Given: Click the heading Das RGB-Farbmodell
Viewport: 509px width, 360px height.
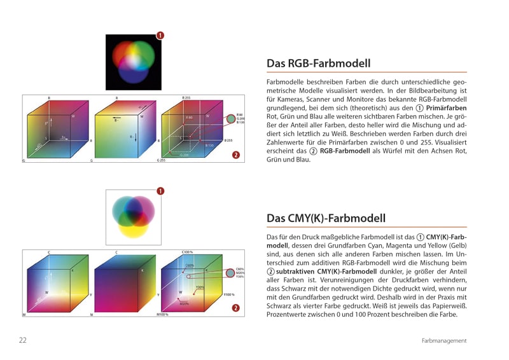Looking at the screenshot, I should point(318,64).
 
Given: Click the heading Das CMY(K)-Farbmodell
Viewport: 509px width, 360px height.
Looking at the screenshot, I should point(326,218).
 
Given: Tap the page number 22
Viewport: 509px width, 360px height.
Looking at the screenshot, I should point(22,340).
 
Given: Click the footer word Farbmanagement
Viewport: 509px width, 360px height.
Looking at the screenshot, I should point(444,341).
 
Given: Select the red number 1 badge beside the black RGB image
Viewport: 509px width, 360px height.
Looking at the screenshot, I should point(160,36).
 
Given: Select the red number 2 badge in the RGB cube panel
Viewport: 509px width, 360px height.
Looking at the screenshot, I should point(236,155).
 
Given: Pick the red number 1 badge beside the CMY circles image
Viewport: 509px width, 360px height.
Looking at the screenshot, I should point(160,190).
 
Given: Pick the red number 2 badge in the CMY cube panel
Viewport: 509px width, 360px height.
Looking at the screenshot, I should point(236,308).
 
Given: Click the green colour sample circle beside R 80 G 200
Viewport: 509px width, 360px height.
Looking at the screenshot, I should point(231,118).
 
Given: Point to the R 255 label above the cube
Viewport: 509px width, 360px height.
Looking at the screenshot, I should point(186,98).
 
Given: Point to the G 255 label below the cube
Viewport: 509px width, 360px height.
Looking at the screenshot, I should point(162,161).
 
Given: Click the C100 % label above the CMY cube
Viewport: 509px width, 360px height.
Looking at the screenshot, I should point(188,253).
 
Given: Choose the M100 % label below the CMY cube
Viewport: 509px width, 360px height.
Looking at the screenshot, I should point(163,315).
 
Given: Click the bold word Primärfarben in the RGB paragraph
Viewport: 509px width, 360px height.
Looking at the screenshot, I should point(446,108).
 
